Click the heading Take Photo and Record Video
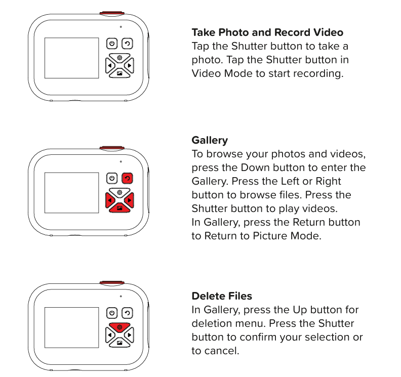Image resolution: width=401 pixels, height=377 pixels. (x=267, y=32)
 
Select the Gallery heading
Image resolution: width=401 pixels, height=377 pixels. (x=210, y=140)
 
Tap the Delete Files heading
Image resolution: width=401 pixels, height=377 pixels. (x=222, y=296)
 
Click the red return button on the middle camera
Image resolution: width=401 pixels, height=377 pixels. (x=128, y=179)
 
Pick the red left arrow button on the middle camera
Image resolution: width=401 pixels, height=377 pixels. (x=109, y=200)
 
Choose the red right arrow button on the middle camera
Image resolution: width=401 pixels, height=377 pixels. (x=130, y=200)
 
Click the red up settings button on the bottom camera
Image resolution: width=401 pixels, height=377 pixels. (x=119, y=327)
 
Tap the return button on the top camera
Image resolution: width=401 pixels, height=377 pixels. (x=128, y=44)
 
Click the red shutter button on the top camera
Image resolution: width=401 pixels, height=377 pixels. (x=112, y=13)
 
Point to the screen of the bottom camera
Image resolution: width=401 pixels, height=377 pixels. (x=71, y=328)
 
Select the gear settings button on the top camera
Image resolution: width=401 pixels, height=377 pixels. (x=119, y=58)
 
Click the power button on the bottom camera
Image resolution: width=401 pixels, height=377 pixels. (x=112, y=313)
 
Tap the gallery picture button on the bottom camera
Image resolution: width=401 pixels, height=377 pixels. (x=119, y=343)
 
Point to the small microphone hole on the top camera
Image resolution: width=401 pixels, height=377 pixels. (x=121, y=27)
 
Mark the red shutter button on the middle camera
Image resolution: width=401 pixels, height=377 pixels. (x=112, y=148)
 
